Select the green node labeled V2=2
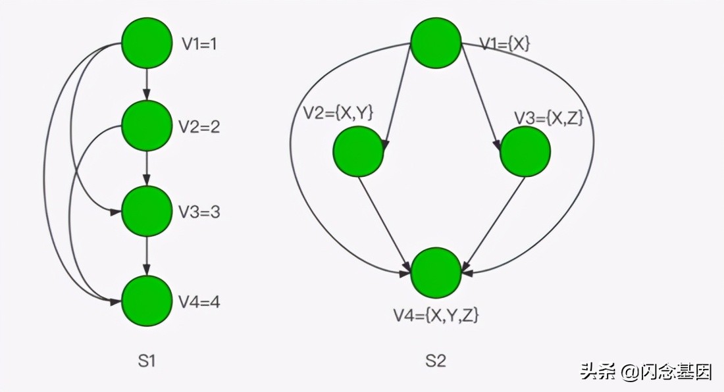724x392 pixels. click(x=147, y=126)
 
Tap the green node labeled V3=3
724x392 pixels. click(x=147, y=212)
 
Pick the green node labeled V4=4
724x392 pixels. click(x=147, y=301)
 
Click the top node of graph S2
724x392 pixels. click(x=436, y=43)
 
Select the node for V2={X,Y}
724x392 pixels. click(x=358, y=151)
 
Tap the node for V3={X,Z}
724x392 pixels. click(x=525, y=151)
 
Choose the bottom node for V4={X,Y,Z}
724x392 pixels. click(x=436, y=272)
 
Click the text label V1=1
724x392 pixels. click(x=200, y=44)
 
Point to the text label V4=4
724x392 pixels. click(x=200, y=303)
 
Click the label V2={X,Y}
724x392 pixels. click(x=338, y=112)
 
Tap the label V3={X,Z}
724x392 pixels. click(x=549, y=118)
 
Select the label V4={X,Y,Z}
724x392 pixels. click(x=436, y=316)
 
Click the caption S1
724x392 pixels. click(x=147, y=360)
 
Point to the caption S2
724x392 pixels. click(x=436, y=360)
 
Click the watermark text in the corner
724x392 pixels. click(x=646, y=372)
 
